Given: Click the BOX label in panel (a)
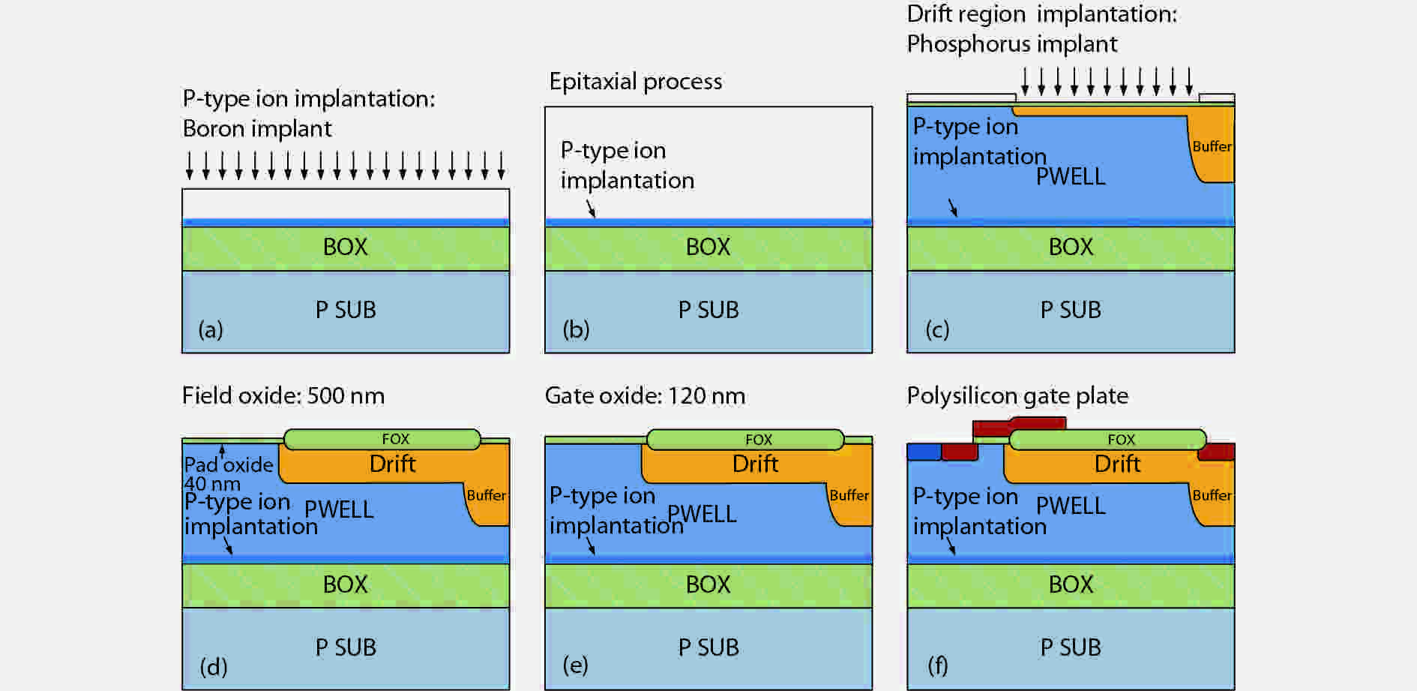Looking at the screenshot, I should pyautogui.click(x=345, y=247).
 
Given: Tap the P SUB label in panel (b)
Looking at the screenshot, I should pyautogui.click(x=708, y=310).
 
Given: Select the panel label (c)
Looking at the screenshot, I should pyautogui.click(x=937, y=329).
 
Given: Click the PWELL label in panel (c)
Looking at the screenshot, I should pyautogui.click(x=1070, y=177).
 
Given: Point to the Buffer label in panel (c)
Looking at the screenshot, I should pyautogui.click(x=1212, y=146).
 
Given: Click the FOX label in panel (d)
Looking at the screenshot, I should pyautogui.click(x=395, y=439).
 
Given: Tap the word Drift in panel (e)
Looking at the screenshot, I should pyautogui.click(x=755, y=464).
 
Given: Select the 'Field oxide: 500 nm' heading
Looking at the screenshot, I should pyautogui.click(x=283, y=395).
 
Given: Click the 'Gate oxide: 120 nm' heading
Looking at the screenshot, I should pyautogui.click(x=645, y=395).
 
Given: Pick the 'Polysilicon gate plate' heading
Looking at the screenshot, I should pyautogui.click(x=1017, y=395).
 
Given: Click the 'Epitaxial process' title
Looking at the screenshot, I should pyautogui.click(x=635, y=81).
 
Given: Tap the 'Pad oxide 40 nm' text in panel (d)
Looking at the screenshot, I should pyautogui.click(x=228, y=473).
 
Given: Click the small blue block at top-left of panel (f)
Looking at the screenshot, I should pyautogui.click(x=924, y=452).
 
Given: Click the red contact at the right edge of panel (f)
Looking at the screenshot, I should pyautogui.click(x=1216, y=452).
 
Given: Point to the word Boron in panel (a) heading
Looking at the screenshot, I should pyautogui.click(x=214, y=129).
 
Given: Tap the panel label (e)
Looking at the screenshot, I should pyautogui.click(x=575, y=665).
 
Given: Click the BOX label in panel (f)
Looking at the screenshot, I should pyautogui.click(x=1070, y=584).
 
